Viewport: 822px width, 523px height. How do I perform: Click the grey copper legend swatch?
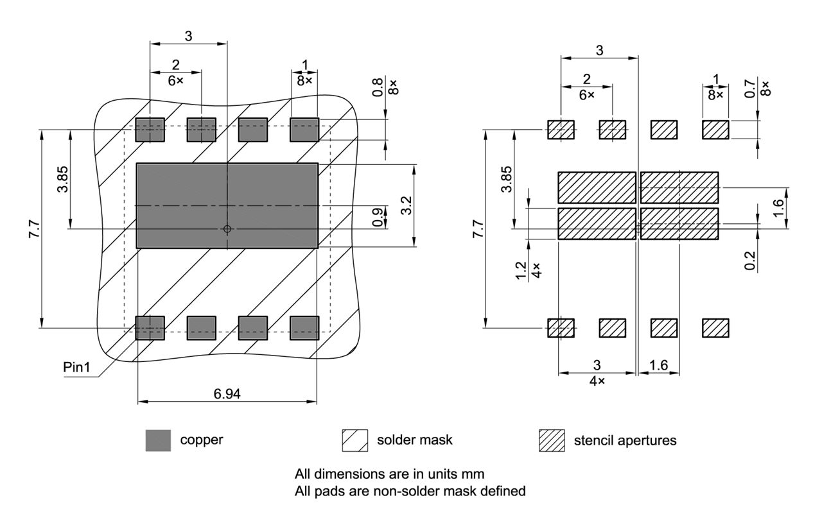click(158, 440)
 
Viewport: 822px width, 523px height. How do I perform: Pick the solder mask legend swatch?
click(355, 440)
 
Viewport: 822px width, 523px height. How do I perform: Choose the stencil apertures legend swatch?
click(552, 440)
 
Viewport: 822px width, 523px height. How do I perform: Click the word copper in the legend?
click(202, 440)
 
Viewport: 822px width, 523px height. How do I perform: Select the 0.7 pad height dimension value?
click(750, 87)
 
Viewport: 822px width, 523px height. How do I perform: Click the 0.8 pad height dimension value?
click(378, 87)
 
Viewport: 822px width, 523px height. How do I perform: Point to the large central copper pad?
click(227, 205)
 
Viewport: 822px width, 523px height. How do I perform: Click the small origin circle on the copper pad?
click(227, 228)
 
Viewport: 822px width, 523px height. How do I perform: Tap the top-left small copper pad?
click(150, 130)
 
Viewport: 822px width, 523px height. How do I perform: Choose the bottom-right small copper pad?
click(304, 328)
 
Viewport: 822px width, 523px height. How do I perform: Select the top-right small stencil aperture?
click(715, 130)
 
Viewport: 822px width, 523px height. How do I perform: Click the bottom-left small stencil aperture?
click(561, 328)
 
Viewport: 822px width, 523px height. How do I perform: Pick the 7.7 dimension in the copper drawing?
click(33, 228)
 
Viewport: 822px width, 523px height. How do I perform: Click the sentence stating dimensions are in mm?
click(389, 474)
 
